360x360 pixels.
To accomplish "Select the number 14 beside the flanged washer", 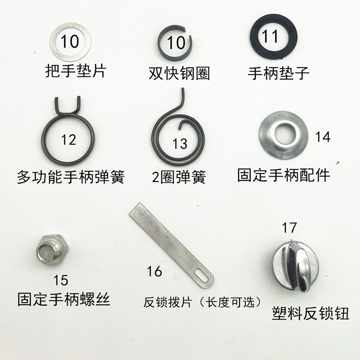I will tap(322, 137).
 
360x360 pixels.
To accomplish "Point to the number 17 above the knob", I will tap(289, 227).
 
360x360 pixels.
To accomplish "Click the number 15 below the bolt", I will tap(60, 280).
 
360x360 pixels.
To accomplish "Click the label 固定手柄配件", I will tap(284, 175).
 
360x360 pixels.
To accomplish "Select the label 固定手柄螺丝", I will tap(64, 300).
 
